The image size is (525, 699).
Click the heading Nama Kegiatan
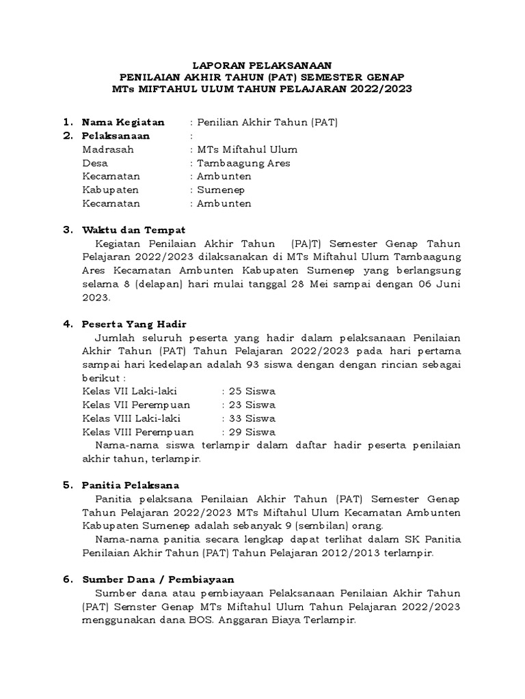pos(123,122)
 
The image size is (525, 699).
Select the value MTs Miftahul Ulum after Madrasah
pos(247,149)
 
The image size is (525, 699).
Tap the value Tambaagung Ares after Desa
pos(243,163)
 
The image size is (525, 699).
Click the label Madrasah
pos(108,149)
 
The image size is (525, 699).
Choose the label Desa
pos(95,163)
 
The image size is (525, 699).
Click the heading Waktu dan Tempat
pos(133,230)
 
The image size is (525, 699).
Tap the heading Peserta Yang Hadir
pos(134,324)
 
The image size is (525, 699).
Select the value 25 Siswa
pos(252,391)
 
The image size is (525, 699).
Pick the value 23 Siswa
pos(252,405)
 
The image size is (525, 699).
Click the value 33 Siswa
pos(252,418)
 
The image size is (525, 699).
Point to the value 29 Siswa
pos(252,431)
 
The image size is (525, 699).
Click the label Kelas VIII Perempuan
pos(137,431)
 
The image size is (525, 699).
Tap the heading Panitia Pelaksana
pos(130,485)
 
